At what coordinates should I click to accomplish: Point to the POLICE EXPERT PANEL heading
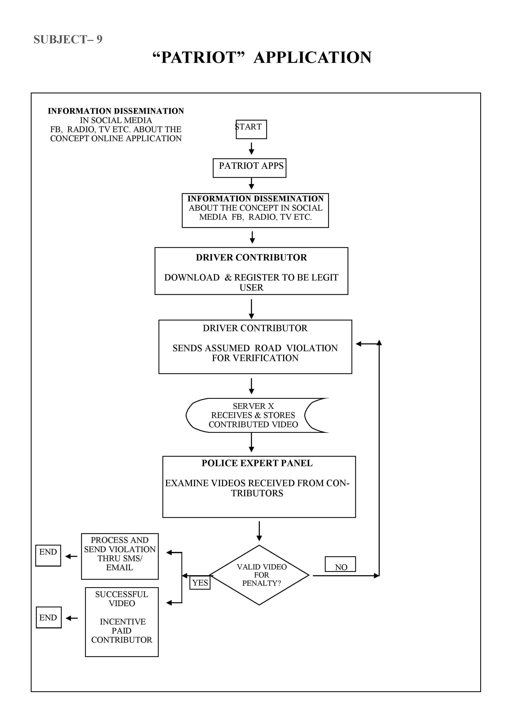pyautogui.click(x=257, y=463)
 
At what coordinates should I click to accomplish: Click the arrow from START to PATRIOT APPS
pyautogui.click(x=251, y=149)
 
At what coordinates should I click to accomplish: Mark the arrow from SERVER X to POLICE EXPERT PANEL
pyautogui.click(x=251, y=443)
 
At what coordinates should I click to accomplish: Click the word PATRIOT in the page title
pyautogui.click(x=199, y=57)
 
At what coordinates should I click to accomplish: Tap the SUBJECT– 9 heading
pyautogui.click(x=68, y=39)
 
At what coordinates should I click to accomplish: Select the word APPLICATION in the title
pyautogui.click(x=313, y=57)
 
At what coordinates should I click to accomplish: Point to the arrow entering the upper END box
pyautogui.click(x=71, y=556)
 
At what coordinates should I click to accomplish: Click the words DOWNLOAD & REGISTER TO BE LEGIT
pyautogui.click(x=251, y=277)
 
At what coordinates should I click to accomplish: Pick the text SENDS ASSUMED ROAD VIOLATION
pyautogui.click(x=255, y=348)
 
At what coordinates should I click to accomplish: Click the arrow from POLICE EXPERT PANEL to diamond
pyautogui.click(x=259, y=531)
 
